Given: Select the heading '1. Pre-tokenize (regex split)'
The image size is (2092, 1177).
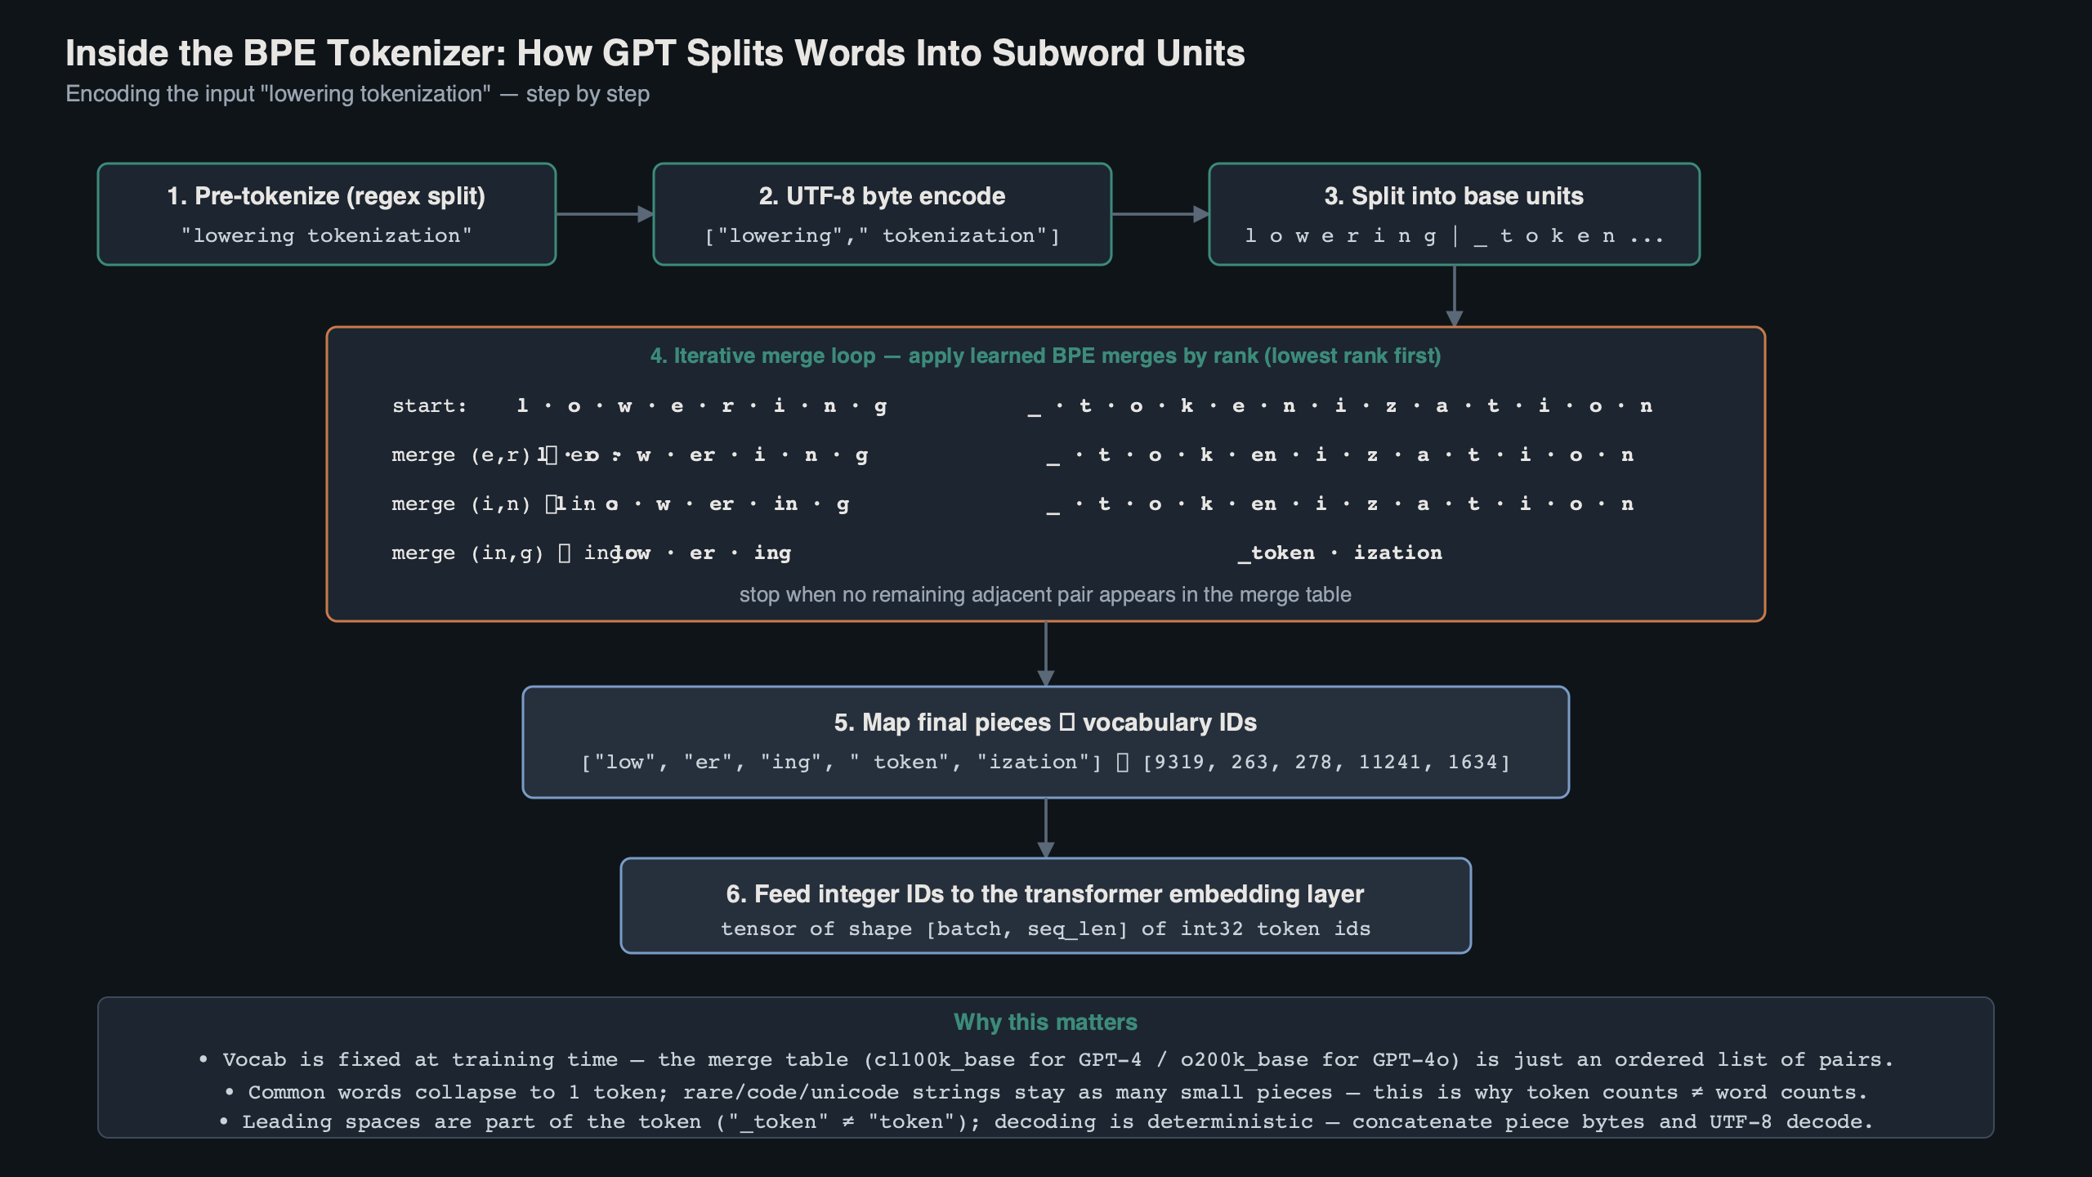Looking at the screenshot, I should [x=326, y=196].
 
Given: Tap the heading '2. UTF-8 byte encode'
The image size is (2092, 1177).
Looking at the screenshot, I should [x=882, y=196].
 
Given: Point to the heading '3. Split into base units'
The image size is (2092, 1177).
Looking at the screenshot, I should [x=1454, y=196].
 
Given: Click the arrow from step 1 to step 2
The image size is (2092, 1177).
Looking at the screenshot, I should [x=604, y=214].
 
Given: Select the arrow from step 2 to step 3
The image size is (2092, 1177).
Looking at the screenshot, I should [x=1160, y=214].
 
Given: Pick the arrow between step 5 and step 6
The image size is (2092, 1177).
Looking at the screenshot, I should [x=1046, y=828].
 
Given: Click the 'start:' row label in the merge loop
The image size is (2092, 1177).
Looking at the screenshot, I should [x=429, y=406].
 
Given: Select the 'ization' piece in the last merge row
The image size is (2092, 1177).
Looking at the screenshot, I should [x=1397, y=553].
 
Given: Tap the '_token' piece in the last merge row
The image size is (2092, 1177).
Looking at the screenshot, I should [x=1276, y=553].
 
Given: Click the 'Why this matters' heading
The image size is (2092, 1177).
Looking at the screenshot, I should [x=1045, y=1023].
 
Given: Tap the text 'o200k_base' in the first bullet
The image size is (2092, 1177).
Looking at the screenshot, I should [x=1245, y=1060].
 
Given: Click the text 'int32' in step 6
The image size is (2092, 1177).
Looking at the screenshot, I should [x=1211, y=929].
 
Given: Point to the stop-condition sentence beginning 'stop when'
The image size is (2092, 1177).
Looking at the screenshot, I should [x=1045, y=595].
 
